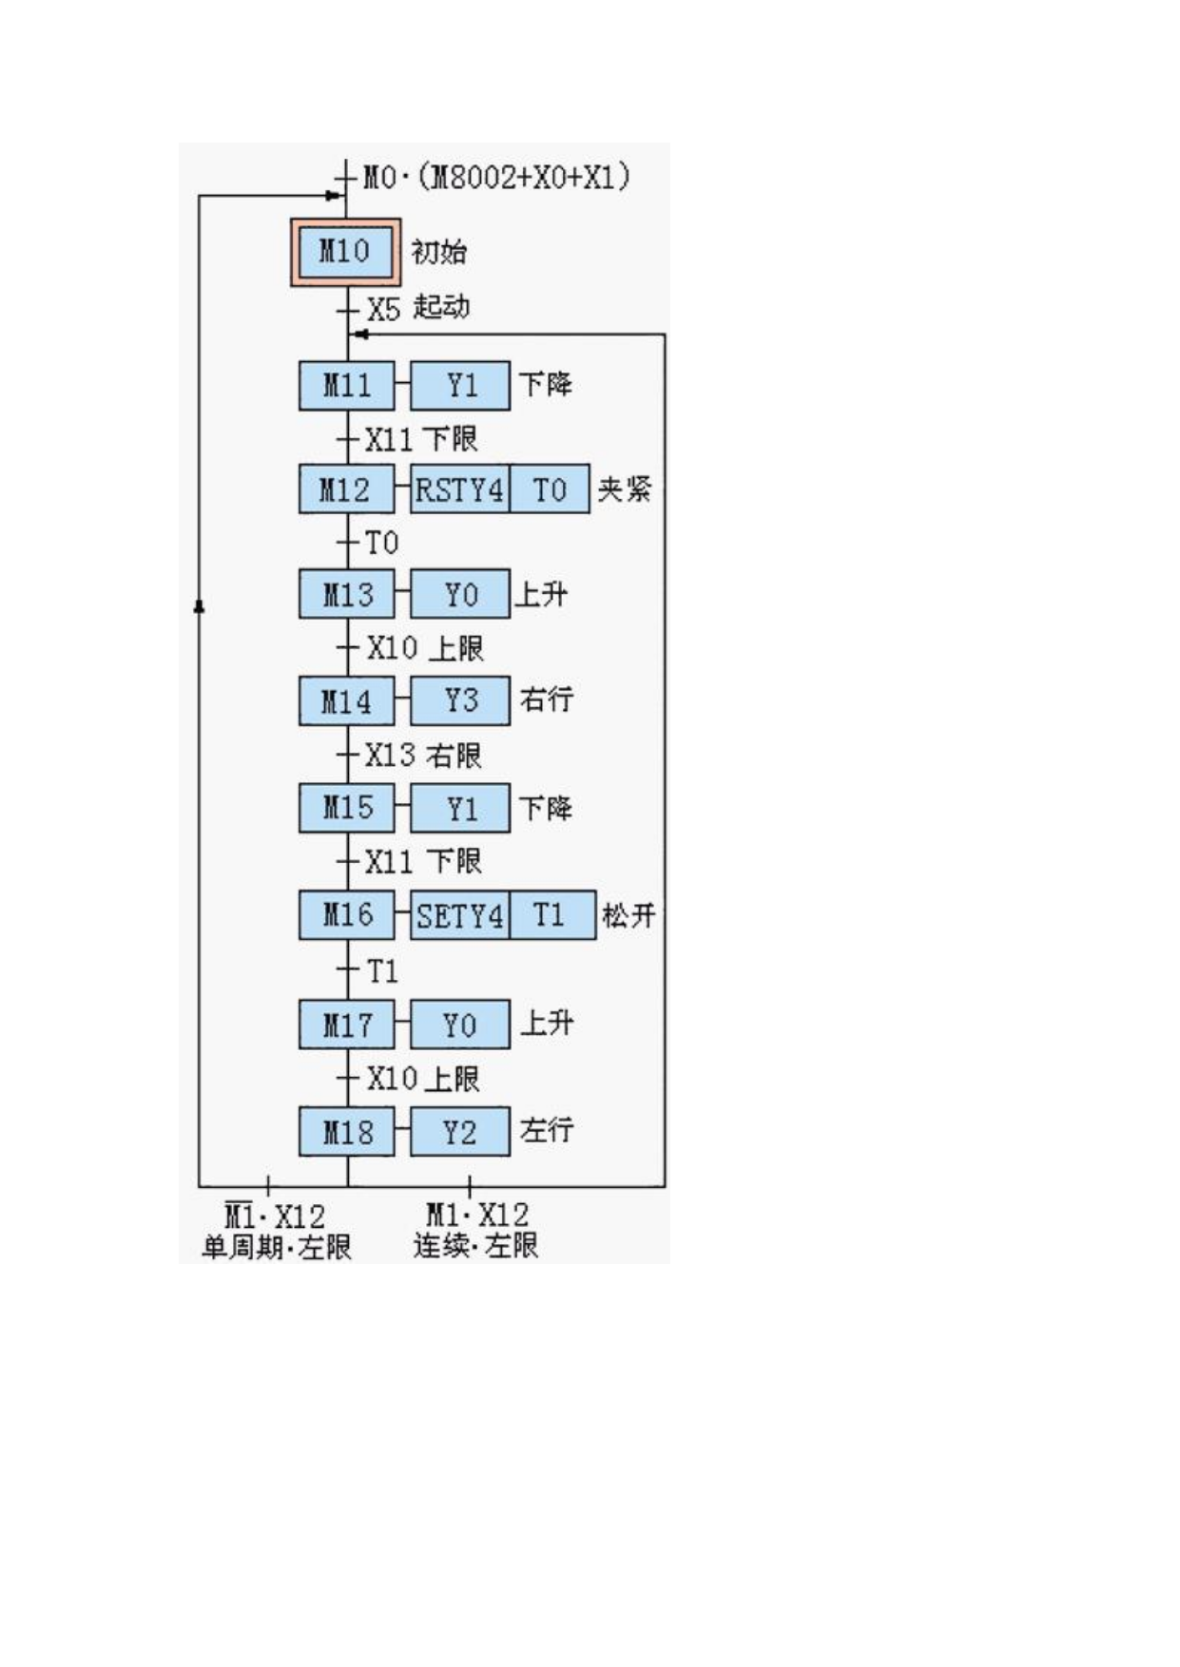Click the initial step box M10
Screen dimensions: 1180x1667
tap(345, 252)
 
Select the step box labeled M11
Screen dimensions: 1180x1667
tap(346, 386)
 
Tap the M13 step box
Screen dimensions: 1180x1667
tap(346, 594)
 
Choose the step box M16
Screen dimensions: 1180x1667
tap(346, 915)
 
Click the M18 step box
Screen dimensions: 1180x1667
tap(346, 1132)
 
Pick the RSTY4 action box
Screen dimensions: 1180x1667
tap(459, 489)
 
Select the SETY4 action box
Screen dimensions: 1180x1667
tap(459, 915)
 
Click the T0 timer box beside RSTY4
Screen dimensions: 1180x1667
tap(550, 489)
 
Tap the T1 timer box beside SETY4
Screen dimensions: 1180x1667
tap(552, 915)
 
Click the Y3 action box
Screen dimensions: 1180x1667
tap(460, 700)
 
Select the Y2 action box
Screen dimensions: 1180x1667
tap(460, 1132)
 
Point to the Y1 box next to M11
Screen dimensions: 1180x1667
tap(460, 386)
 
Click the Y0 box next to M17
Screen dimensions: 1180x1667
tap(460, 1025)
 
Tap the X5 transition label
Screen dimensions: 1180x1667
tap(383, 310)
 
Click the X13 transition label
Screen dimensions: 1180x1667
tap(391, 756)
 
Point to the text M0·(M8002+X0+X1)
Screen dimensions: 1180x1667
tap(496, 178)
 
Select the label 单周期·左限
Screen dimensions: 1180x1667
tap(276, 1247)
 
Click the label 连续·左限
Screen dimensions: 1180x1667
tap(475, 1245)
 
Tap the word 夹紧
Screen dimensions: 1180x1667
tap(625, 489)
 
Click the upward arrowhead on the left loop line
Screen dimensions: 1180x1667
tap(199, 605)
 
